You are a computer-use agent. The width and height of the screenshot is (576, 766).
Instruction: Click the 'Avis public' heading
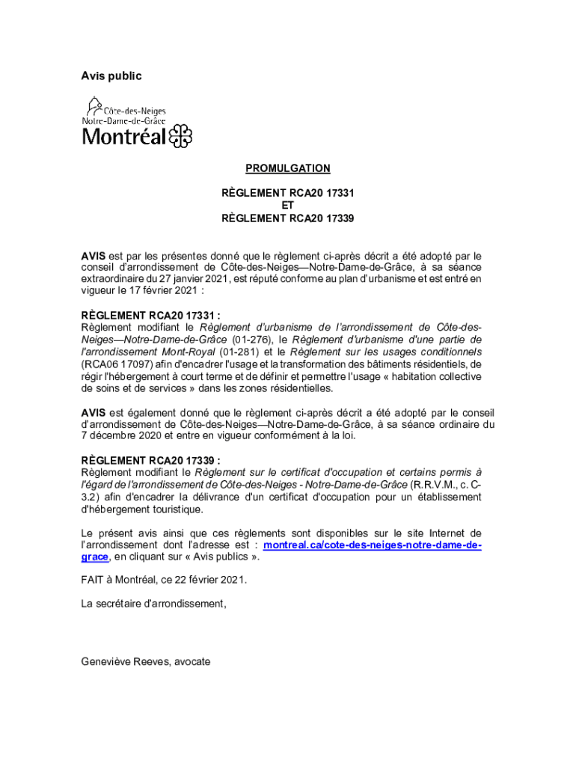pyautogui.click(x=111, y=76)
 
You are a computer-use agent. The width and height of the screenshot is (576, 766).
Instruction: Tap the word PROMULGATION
pyautogui.click(x=287, y=169)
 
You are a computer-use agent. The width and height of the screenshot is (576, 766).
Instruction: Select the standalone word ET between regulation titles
pyautogui.click(x=287, y=206)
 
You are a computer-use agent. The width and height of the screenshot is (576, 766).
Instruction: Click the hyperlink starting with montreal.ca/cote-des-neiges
pyautogui.click(x=373, y=545)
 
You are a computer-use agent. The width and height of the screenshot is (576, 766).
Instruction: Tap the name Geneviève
pyautogui.click(x=105, y=661)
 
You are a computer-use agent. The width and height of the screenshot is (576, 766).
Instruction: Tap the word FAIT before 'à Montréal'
pyautogui.click(x=93, y=580)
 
